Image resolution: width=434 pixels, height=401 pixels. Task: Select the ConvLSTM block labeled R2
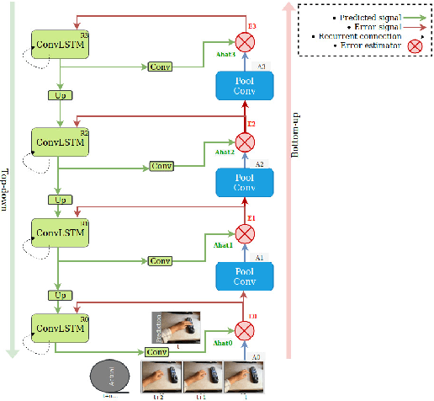coord(59,140)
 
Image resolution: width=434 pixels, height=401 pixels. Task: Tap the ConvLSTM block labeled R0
coord(59,325)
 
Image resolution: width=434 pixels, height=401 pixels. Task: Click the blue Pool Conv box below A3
coord(246,85)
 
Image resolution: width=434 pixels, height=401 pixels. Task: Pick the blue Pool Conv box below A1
coord(246,277)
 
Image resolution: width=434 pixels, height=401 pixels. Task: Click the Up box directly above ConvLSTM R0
coord(59,295)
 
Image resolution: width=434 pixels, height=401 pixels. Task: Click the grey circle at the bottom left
coord(109,377)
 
